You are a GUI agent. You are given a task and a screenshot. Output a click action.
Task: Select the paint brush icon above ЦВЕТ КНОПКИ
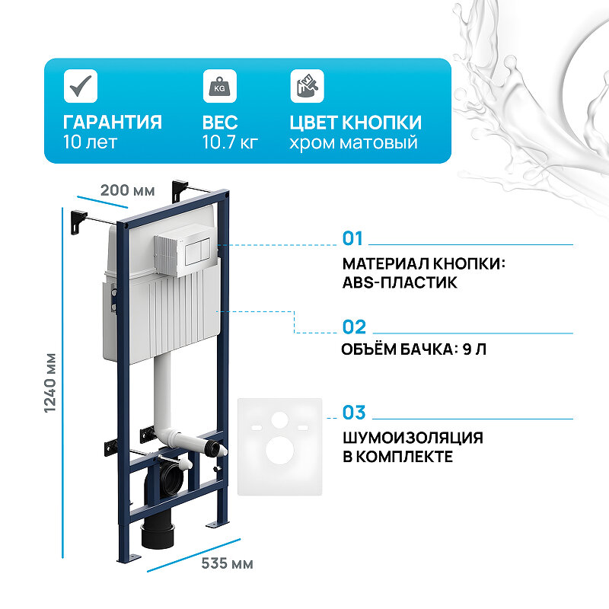[x=306, y=85]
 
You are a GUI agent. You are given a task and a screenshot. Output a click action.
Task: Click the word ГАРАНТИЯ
[x=112, y=123]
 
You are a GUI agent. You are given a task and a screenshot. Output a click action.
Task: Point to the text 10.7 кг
[x=230, y=142]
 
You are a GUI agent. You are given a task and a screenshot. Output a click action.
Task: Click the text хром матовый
[x=353, y=142]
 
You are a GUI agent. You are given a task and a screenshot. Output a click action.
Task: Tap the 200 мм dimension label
[x=127, y=190]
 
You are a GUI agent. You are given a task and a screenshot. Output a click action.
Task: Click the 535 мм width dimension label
[x=227, y=564]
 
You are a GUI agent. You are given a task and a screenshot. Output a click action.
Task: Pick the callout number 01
[x=353, y=239]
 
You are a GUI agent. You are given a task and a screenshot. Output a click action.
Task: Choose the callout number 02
[x=354, y=327]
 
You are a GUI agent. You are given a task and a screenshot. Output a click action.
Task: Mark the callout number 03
[x=354, y=413]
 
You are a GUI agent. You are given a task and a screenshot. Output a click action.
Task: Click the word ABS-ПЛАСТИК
[x=400, y=282]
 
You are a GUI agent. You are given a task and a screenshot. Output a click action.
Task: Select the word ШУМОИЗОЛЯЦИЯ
[x=413, y=438]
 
